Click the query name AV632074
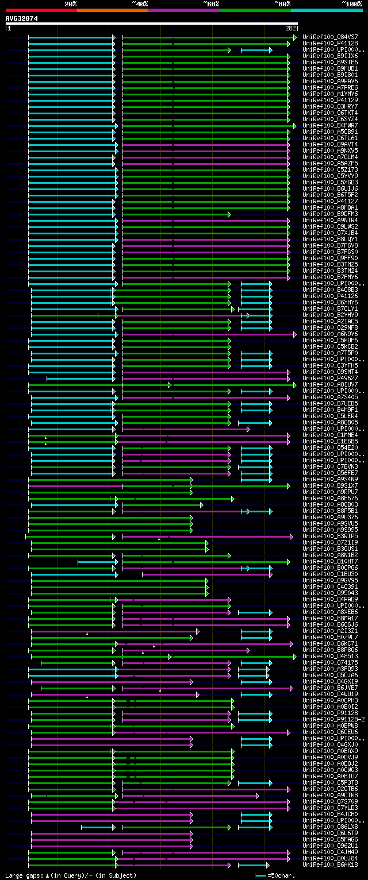pos(21,18)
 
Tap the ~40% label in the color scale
pos(140,4)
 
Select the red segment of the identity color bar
pos(41,10)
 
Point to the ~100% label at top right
pos(352,4)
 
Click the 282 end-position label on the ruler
pos(290,28)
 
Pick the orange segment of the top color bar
pos(112,10)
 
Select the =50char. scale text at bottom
pos(282,875)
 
